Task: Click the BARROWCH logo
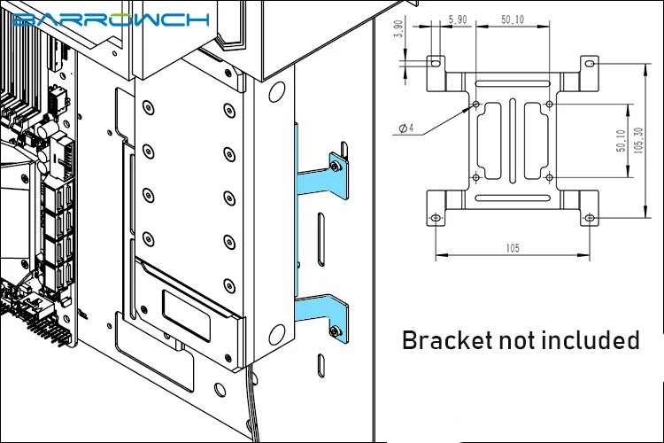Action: (x=111, y=19)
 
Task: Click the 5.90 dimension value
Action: (x=458, y=19)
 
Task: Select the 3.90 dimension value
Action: (x=398, y=29)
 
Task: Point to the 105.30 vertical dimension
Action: (x=638, y=140)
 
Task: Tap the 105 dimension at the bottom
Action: (x=513, y=248)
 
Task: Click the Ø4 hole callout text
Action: (x=406, y=128)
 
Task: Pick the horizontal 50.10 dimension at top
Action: (x=513, y=19)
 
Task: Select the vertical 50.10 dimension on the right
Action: (x=622, y=141)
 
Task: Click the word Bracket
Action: (x=447, y=340)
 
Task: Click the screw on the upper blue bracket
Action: (x=336, y=167)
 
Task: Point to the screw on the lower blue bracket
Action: (x=335, y=331)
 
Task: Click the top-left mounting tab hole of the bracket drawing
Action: (x=436, y=63)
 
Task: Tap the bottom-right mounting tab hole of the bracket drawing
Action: (x=590, y=218)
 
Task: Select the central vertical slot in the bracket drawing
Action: (x=513, y=141)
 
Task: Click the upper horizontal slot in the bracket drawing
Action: (x=513, y=83)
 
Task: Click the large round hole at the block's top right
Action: (x=276, y=91)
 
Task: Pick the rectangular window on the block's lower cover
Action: (x=186, y=315)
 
